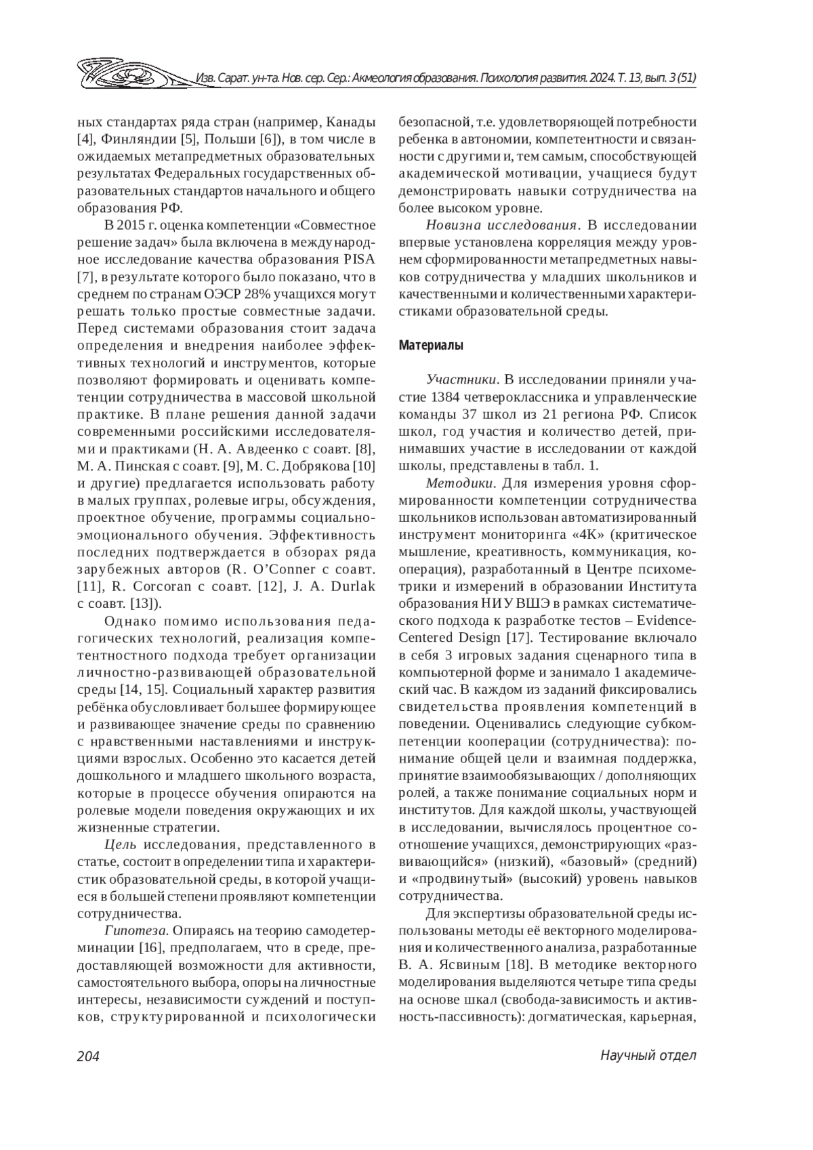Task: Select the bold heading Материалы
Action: click(x=431, y=346)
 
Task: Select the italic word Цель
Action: click(x=121, y=844)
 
